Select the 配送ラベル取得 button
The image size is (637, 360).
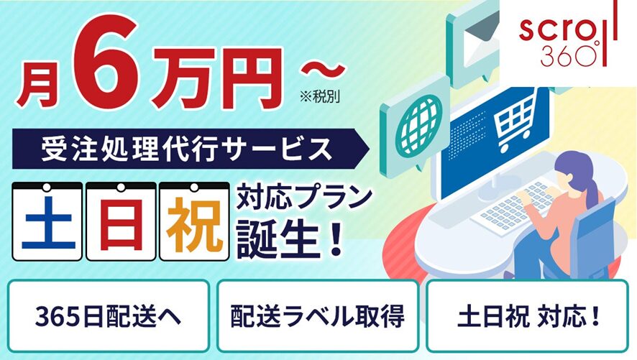(x=317, y=315)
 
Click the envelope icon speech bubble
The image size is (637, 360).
(x=475, y=35)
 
